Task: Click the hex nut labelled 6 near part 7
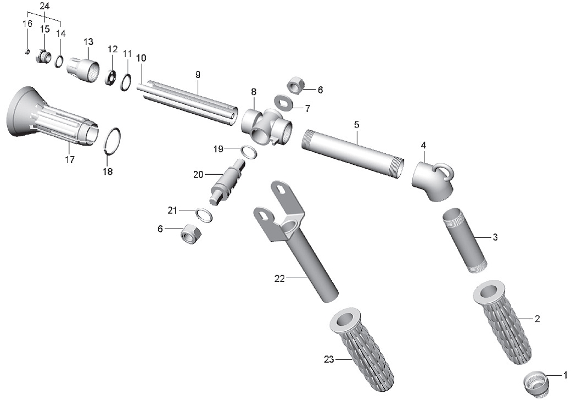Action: [296, 85]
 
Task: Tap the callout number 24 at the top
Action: [44, 6]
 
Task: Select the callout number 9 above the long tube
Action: [198, 75]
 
